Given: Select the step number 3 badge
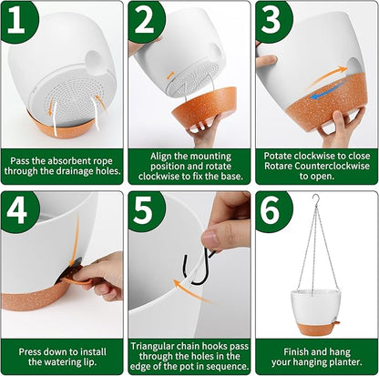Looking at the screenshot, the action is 272,20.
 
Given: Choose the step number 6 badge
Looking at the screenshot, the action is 272,211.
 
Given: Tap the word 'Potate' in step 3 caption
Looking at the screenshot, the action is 278,156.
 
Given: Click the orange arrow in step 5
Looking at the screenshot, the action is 192,290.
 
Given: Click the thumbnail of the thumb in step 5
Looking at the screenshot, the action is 210,239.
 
